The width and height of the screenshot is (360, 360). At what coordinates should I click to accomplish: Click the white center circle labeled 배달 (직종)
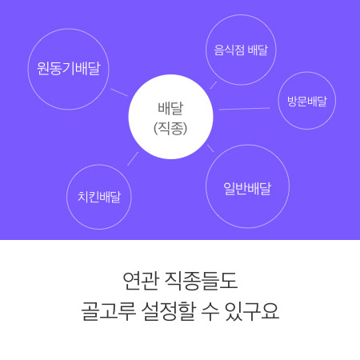point(170,117)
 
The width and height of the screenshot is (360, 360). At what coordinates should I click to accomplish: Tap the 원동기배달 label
point(69,69)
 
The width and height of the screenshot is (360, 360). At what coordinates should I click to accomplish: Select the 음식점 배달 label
point(241,50)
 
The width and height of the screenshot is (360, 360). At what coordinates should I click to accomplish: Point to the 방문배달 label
point(307,101)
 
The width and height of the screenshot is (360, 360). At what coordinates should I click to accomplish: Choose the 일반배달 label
point(247,189)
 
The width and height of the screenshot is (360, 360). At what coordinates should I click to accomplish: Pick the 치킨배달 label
point(99,197)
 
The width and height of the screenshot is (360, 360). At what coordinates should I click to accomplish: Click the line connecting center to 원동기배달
point(119,92)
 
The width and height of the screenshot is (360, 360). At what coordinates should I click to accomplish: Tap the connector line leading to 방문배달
point(244,109)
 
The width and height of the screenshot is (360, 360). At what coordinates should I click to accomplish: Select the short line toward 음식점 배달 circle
point(214,86)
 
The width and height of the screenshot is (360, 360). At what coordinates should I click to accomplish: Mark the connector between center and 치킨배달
point(133,158)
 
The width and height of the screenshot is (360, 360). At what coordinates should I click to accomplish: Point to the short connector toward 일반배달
point(210,148)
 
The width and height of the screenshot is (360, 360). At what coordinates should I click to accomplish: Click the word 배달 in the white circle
point(170,109)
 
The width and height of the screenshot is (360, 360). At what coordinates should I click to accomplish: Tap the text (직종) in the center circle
point(170,129)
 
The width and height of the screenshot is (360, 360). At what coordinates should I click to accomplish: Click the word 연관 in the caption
point(141,281)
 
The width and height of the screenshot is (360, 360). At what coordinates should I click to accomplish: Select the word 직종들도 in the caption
point(202,281)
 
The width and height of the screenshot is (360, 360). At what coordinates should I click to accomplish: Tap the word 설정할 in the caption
point(169,311)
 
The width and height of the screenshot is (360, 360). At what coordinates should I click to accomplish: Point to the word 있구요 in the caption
point(252,311)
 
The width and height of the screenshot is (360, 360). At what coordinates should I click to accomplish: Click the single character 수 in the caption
point(210,311)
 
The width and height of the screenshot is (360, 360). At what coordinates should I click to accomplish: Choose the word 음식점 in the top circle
point(229,50)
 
